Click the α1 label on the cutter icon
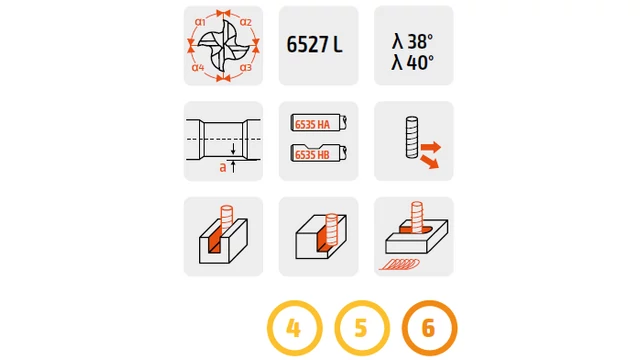pyautogui.click(x=200, y=22)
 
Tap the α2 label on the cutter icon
pyautogui.click(x=246, y=22)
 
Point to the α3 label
pyautogui.click(x=246, y=67)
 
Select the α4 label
pyautogui.click(x=198, y=67)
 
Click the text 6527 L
pyautogui.click(x=314, y=44)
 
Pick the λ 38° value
pyautogui.click(x=412, y=42)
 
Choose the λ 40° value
pyautogui.click(x=412, y=62)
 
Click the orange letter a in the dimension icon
pyautogui.click(x=222, y=167)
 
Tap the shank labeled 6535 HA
pyautogui.click(x=319, y=123)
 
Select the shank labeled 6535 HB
pyautogui.click(x=319, y=153)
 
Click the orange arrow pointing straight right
pyautogui.click(x=431, y=147)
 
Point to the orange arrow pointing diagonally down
pyautogui.click(x=430, y=162)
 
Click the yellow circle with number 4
pyautogui.click(x=295, y=328)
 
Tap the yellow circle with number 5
pyautogui.click(x=362, y=328)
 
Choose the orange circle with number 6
pyautogui.click(x=429, y=328)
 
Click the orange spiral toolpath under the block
pyautogui.click(x=400, y=264)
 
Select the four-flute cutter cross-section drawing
pyautogui.click(x=224, y=46)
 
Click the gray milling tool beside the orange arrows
pyautogui.click(x=412, y=138)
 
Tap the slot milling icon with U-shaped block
pyautogui.click(x=223, y=237)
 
